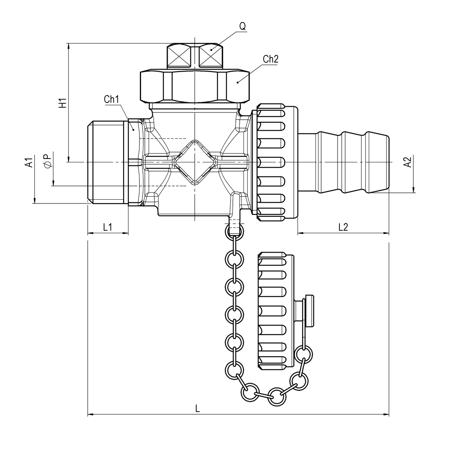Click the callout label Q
[x=242, y=26]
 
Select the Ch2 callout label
[x=271, y=59]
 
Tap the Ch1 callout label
[x=112, y=99]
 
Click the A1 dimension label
[x=28, y=162]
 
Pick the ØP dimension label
[x=47, y=160]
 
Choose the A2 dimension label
[x=407, y=162]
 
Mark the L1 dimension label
[x=107, y=227]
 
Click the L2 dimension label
[x=343, y=227]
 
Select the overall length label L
[x=197, y=409]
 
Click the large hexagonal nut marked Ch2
[x=195, y=86]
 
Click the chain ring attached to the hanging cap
[x=304, y=353]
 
